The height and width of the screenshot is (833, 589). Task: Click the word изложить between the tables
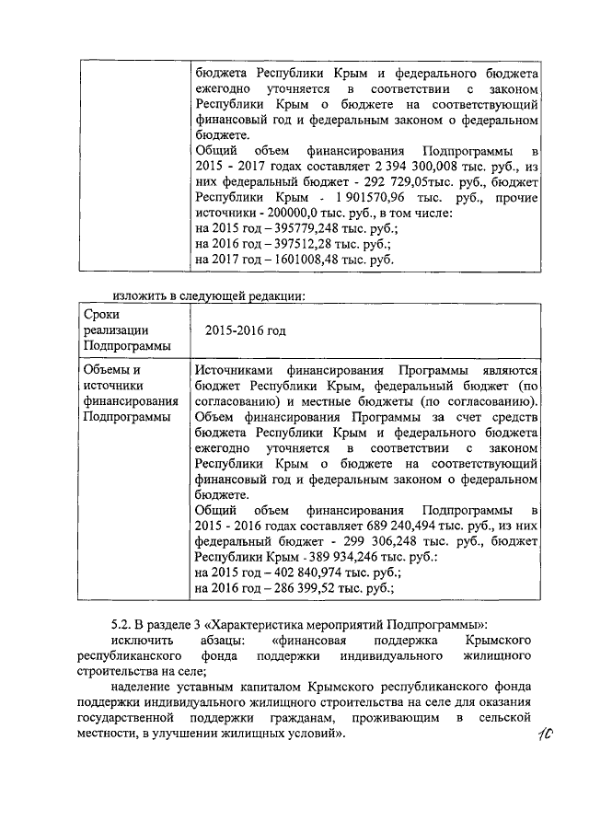(140, 295)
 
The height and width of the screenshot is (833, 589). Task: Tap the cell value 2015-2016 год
(245, 330)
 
